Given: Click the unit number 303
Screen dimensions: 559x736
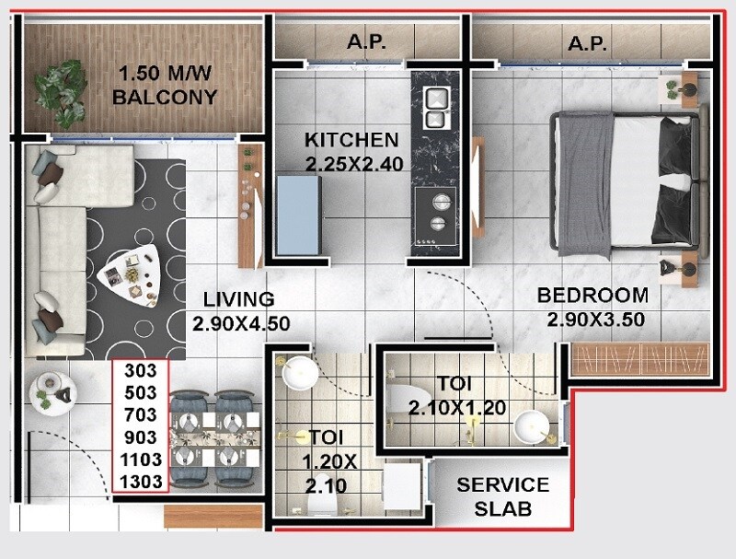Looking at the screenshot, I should point(141,371).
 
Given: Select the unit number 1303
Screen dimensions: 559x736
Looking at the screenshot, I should point(141,481).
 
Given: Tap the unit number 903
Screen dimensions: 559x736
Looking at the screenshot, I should point(141,437).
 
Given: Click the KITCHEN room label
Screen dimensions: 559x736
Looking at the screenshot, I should point(351,140).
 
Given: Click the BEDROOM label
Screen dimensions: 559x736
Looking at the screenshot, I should point(592,296).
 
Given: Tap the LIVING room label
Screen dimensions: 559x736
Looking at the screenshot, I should point(239,299).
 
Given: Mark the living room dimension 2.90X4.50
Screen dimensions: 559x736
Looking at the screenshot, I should point(241,323).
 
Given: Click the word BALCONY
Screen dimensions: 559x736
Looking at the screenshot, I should point(167,97).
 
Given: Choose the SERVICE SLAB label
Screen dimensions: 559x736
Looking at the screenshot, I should point(503,495).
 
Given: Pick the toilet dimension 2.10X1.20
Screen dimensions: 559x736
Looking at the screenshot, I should point(457,408).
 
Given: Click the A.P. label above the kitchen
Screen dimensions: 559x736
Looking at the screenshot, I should point(366,42).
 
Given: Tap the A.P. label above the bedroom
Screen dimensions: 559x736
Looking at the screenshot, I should point(587,42).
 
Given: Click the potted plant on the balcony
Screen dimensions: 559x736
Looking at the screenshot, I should point(63,89).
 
